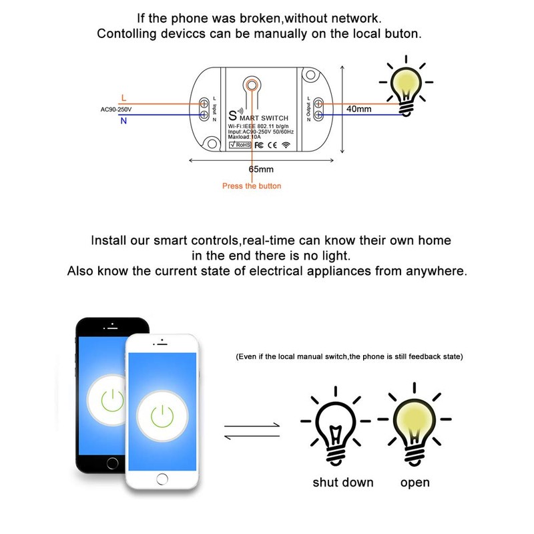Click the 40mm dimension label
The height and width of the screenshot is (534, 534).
[x=359, y=108]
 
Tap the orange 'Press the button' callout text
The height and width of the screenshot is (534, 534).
[x=252, y=186]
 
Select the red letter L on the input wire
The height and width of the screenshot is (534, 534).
[x=123, y=97]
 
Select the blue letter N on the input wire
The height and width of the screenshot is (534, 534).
[x=123, y=121]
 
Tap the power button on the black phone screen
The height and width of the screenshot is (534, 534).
[x=111, y=400]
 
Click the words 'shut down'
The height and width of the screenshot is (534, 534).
[x=343, y=482]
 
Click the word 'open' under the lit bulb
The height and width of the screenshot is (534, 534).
[x=415, y=482]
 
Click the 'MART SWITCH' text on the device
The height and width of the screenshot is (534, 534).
[x=268, y=117]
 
